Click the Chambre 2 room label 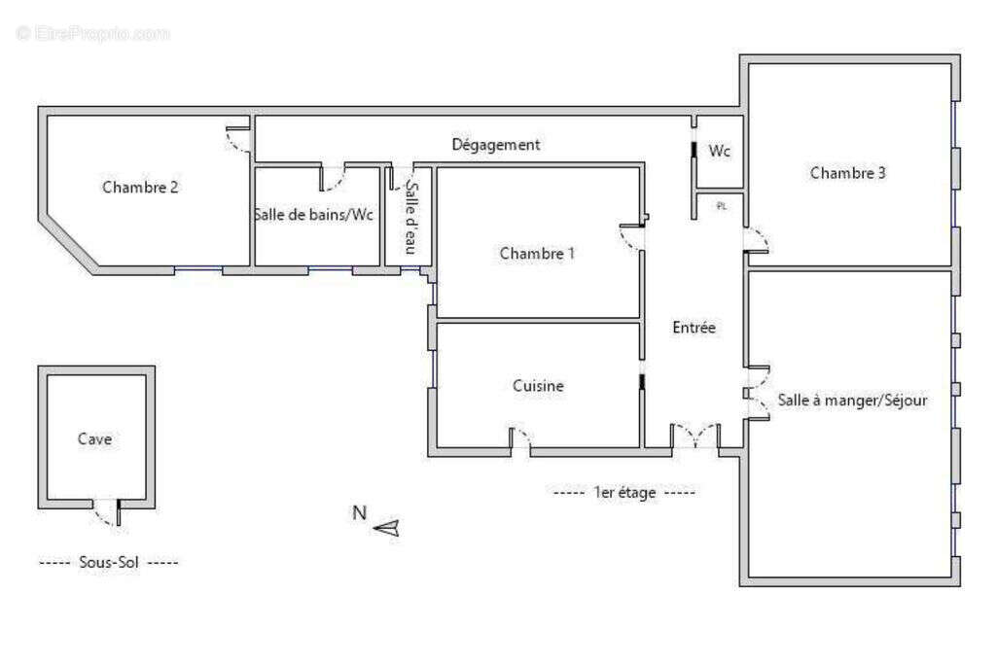(140, 188)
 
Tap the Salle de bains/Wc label (313, 215)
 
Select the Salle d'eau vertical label (410, 218)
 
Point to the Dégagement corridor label (496, 145)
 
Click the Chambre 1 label (537, 254)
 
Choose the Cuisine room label (538, 386)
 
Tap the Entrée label (694, 328)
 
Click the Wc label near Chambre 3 (720, 152)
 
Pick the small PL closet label (721, 206)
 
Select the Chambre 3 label (847, 173)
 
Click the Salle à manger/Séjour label (852, 400)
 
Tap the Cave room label (94, 439)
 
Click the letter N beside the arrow (359, 512)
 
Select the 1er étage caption (623, 493)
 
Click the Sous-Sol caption (109, 562)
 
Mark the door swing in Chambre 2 (236, 141)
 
